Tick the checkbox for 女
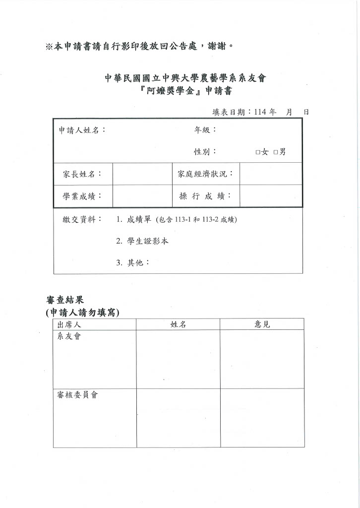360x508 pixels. pyautogui.click(x=258, y=152)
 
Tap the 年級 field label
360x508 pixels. pyautogui.click(x=205, y=130)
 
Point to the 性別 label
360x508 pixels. pyautogui.click(x=205, y=152)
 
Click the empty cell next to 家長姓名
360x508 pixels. pyautogui.click(x=142, y=174)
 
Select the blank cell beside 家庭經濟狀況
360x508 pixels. pyautogui.click(x=270, y=174)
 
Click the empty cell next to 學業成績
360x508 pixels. pyautogui.click(x=142, y=196)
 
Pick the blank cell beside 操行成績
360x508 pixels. pyautogui.click(x=270, y=196)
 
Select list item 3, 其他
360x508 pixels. pyautogui.click(x=135, y=262)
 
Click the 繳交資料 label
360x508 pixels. pyautogui.click(x=79, y=219)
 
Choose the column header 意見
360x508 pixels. pyautogui.click(x=262, y=324)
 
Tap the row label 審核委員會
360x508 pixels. pyautogui.click(x=77, y=396)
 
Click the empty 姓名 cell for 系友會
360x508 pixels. pyautogui.click(x=178, y=359)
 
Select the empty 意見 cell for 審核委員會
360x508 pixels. pyautogui.click(x=262, y=418)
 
